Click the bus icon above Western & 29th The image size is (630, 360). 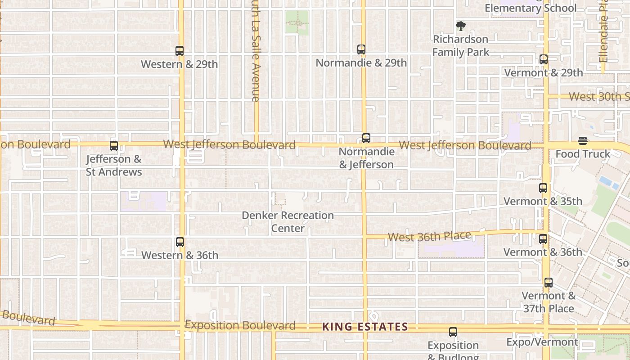click(180, 51)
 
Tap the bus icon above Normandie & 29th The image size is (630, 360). click(361, 49)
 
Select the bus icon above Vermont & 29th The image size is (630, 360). click(544, 59)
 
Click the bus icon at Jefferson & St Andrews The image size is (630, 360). click(114, 146)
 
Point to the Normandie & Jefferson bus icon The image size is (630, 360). click(366, 138)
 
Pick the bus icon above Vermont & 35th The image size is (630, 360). click(543, 188)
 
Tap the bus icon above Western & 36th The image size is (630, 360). click(180, 242)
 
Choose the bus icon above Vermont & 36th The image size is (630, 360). click(543, 239)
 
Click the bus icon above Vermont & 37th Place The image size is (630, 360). click(548, 283)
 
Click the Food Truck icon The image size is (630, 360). click(583, 141)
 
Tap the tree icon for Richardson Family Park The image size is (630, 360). click(460, 26)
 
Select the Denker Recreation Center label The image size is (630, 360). click(288, 222)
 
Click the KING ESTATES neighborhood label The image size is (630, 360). click(365, 327)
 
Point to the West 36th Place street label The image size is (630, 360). click(429, 236)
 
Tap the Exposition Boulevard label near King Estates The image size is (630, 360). click(240, 325)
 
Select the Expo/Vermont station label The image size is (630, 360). click(542, 342)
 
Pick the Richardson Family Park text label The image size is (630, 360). click(460, 46)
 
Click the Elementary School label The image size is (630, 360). click(530, 8)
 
